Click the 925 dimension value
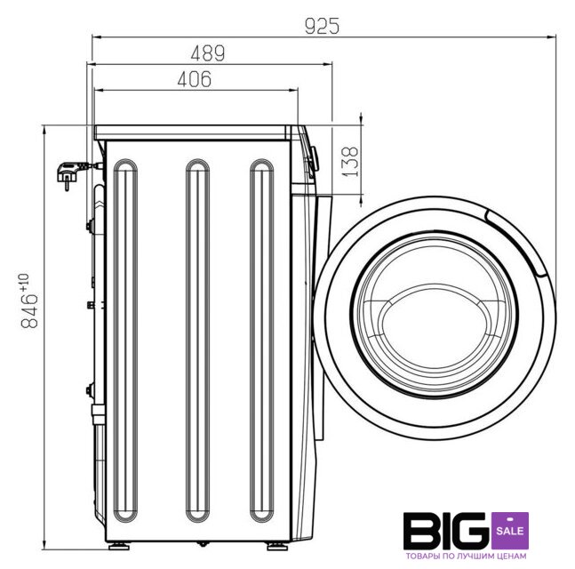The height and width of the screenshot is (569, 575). click(x=322, y=26)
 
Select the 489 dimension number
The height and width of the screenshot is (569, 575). click(x=208, y=53)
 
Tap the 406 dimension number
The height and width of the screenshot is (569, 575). click(x=195, y=79)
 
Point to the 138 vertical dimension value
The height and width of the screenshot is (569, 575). click(x=349, y=162)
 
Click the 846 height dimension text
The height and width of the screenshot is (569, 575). click(x=29, y=301)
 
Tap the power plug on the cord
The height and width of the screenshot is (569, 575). click(x=68, y=174)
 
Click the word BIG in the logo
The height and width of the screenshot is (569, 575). click(x=447, y=531)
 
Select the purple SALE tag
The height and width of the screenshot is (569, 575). click(x=510, y=531)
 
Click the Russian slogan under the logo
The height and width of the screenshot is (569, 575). click(x=466, y=557)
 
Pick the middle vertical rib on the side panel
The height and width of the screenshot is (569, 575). click(x=197, y=341)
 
